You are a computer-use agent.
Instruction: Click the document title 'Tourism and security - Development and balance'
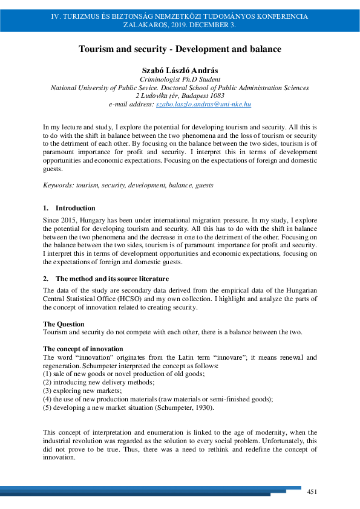(180, 49)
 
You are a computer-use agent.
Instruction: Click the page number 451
(313, 491)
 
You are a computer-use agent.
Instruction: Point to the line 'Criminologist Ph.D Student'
(180, 79)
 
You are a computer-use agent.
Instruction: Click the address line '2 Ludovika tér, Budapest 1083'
(180, 96)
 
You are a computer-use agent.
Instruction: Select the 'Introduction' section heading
(75, 208)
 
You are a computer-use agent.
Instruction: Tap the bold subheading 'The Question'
(64, 325)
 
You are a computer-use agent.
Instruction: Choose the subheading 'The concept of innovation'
(83, 349)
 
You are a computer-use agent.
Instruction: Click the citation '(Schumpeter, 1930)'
(186, 407)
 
